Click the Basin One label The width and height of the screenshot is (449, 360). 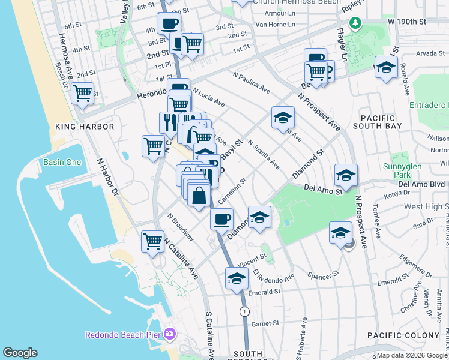pyautogui.click(x=62, y=162)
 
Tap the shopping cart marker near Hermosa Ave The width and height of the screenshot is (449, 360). pyautogui.click(x=82, y=94)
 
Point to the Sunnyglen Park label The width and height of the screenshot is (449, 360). pyautogui.click(x=420, y=171)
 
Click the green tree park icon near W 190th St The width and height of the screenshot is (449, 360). pyautogui.click(x=356, y=23)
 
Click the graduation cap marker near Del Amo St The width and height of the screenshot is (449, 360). pyautogui.click(x=346, y=175)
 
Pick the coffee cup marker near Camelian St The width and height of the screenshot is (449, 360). pyautogui.click(x=221, y=218)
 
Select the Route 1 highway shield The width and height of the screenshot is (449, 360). pyautogui.click(x=244, y=311)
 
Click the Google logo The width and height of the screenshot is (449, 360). pyautogui.click(x=20, y=353)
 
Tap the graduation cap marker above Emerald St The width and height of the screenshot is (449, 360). pyautogui.click(x=237, y=278)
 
